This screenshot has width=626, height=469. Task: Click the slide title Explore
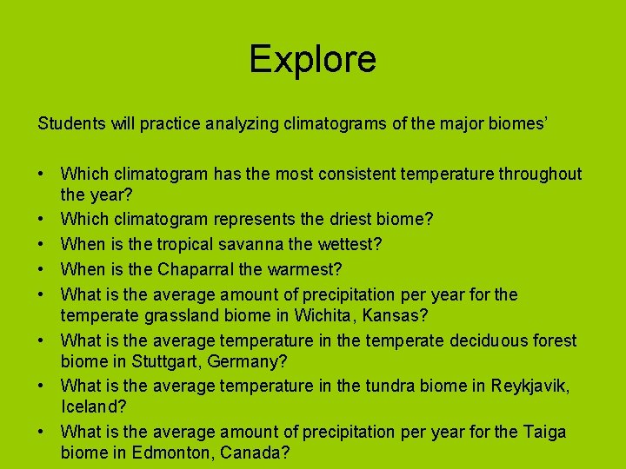312,59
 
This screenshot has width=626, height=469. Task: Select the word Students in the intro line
72,123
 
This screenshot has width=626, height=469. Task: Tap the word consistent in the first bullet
364,174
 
